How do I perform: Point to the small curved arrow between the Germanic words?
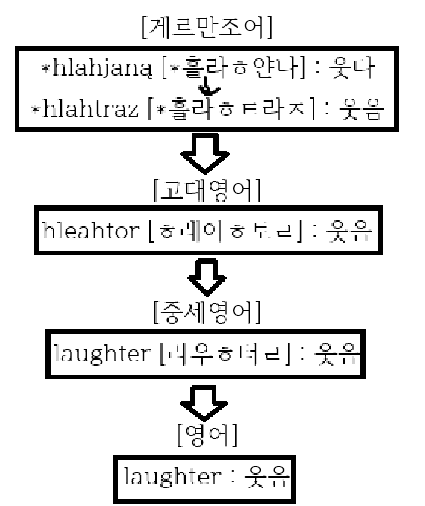[x=210, y=91]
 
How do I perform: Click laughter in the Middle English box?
[x=102, y=353]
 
